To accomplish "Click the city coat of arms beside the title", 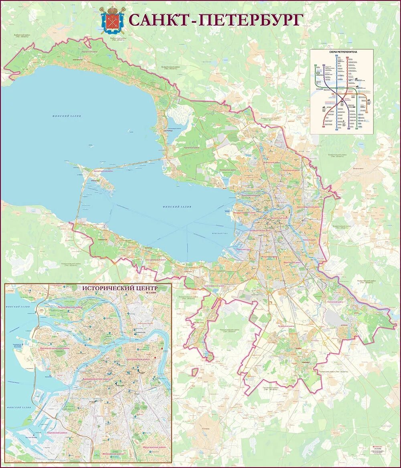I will click(x=112, y=20).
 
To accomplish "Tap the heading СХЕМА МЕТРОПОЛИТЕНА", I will click(x=342, y=52).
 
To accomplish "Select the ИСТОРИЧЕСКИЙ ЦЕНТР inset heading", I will click(x=119, y=288).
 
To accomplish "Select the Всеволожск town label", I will click(x=358, y=168).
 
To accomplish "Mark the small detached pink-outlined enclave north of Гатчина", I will click(x=194, y=372).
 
